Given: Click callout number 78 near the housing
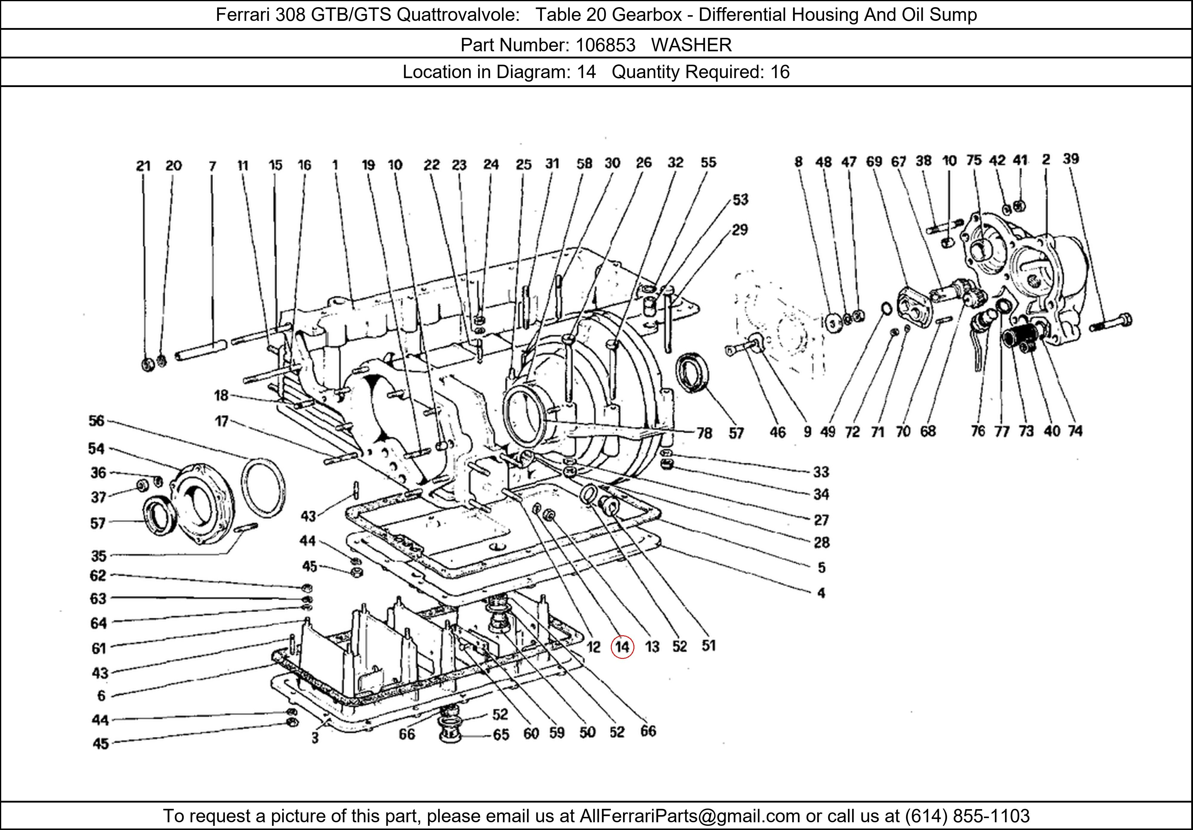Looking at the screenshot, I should pyautogui.click(x=704, y=433).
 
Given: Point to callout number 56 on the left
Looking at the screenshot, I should pyautogui.click(x=97, y=421).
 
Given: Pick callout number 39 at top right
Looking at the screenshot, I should pyautogui.click(x=1071, y=159).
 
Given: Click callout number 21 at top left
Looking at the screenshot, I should pyautogui.click(x=143, y=166).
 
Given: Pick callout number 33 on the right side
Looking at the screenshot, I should pyautogui.click(x=821, y=472).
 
